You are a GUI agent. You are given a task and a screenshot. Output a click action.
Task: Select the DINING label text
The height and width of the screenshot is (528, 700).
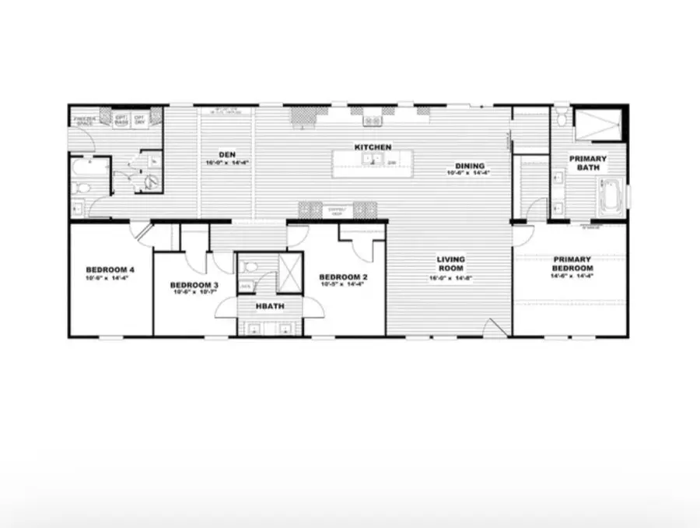point(471,166)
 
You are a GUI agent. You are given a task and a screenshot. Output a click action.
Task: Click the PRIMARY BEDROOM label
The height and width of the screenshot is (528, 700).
point(572,263)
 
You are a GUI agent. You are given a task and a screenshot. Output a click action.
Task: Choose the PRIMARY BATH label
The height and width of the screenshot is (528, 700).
point(587,163)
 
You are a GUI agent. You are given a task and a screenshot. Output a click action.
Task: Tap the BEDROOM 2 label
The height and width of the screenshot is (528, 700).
point(343,277)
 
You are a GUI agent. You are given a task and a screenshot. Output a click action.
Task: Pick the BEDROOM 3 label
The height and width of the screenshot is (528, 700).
point(194,285)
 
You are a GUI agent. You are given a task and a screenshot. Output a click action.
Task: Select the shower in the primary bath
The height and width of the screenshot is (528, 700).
point(597,124)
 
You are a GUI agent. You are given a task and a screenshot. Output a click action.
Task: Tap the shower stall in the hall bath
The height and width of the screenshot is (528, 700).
point(289,272)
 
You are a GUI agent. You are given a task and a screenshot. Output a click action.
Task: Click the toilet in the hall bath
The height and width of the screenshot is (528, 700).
point(249,267)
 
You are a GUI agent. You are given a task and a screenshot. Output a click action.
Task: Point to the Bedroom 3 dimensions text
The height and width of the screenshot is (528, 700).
point(194,293)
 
